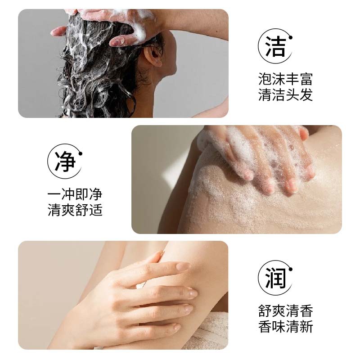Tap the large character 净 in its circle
[x=65, y=161]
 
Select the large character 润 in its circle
[x=275, y=278]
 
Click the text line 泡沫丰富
[x=285, y=79]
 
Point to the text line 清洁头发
[x=285, y=94]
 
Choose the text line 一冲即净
[x=75, y=194]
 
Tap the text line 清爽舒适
[x=75, y=210]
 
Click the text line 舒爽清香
[x=285, y=311]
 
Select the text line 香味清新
[x=285, y=327]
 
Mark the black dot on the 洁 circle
[x=290, y=37]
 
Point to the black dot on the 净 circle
[x=80, y=153]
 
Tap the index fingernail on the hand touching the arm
[x=183, y=266]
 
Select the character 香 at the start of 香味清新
[x=265, y=327]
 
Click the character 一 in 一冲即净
[x=54, y=195]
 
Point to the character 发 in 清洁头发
[x=306, y=94]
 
